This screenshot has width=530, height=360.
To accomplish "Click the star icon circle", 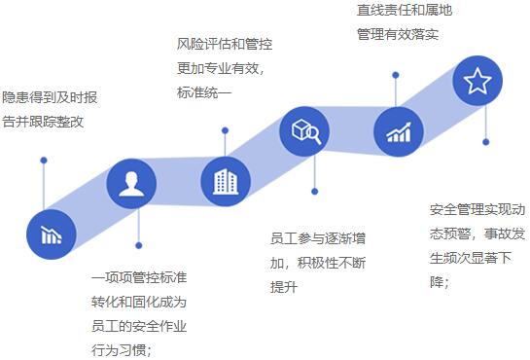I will [477, 82].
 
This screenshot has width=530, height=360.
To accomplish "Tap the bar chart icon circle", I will [52, 234].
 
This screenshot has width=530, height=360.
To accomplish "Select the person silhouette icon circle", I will [131, 184].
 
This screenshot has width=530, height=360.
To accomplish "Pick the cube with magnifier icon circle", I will [304, 131].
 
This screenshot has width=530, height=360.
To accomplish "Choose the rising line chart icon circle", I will [398, 131].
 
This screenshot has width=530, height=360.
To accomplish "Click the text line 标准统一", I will [204, 93].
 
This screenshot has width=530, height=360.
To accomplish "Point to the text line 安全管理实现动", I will [476, 209].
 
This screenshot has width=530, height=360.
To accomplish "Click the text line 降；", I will [441, 282].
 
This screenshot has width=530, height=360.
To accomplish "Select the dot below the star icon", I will [486, 142].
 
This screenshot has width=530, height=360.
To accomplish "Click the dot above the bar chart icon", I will [44, 161].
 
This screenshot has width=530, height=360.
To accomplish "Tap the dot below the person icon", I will [139, 245].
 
